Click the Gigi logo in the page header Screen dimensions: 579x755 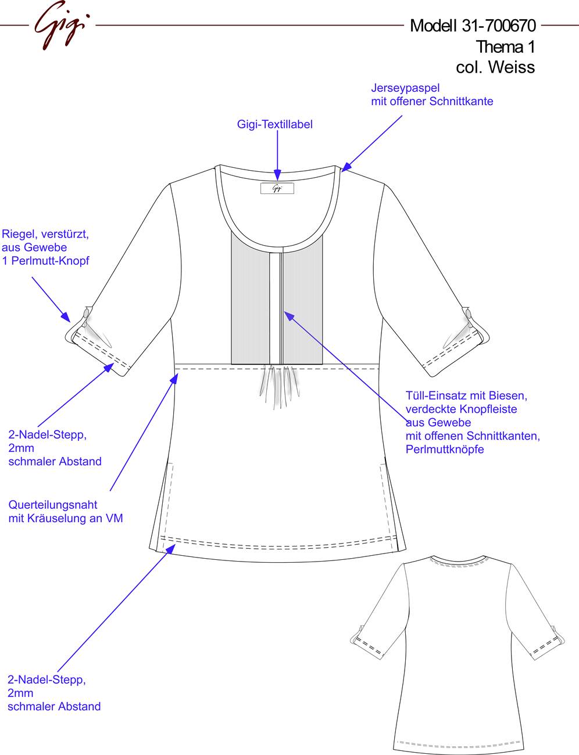point(61,25)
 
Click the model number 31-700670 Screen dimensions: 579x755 point(498,26)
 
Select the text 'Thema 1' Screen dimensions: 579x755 point(505,46)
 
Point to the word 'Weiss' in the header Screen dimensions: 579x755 point(512,67)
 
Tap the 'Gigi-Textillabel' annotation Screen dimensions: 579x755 point(275,124)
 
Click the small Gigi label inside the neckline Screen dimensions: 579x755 point(277,188)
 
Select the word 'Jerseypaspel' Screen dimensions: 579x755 point(405,88)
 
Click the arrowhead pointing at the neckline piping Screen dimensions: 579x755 point(346,167)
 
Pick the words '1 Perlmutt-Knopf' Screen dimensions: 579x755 point(45,261)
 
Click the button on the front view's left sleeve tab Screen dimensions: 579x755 point(86,312)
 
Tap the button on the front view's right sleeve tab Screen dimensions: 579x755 point(469,314)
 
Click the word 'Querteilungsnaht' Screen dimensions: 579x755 point(52,505)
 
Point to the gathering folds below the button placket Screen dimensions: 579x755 point(279,385)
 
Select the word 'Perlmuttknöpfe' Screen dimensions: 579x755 point(445,450)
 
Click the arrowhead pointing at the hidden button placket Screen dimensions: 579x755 point(288,315)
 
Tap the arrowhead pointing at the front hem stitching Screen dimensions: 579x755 point(170,549)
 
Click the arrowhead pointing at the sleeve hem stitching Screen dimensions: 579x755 point(109,367)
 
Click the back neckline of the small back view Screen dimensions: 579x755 point(458,561)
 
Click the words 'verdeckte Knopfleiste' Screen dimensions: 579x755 point(461,409)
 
